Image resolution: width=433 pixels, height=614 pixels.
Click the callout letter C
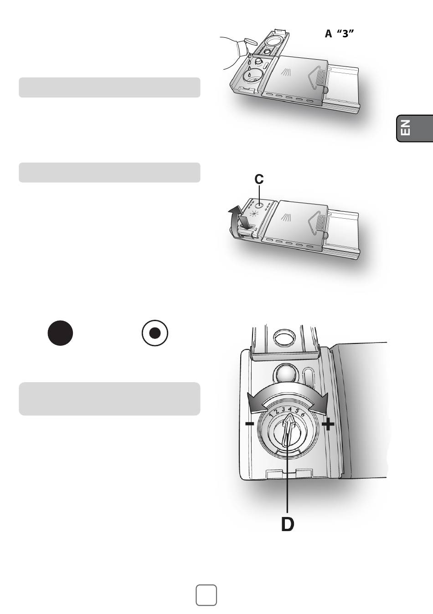coord(259,179)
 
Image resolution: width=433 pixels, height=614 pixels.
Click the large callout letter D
coord(288,524)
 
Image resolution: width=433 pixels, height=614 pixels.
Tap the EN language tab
coord(414,128)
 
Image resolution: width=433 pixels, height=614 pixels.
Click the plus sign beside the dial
coord(328,425)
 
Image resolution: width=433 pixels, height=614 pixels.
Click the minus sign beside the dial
coord(249,424)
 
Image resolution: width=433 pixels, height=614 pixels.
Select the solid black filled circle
coord(60,333)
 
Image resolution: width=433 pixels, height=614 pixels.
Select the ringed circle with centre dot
coord(155,333)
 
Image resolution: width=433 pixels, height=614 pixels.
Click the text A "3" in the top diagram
coord(340,34)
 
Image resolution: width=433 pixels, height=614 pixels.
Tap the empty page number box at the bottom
coord(206,595)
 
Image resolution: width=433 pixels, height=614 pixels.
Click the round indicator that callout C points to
coord(258,205)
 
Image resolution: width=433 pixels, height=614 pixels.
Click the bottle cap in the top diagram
coord(250,41)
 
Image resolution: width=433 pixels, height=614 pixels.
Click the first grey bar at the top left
coord(109,87)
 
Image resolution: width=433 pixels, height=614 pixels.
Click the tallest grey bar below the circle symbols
coord(109,399)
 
